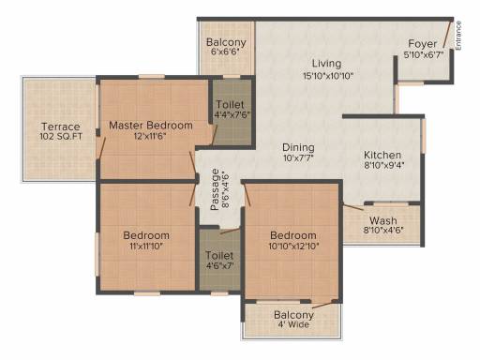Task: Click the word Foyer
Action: coord(423,44)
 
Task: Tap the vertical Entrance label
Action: coord(458,36)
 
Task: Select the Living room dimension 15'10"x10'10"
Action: coord(328,76)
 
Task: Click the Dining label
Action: coord(298,147)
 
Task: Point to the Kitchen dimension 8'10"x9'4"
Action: coord(383,165)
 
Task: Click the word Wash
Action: coord(383,220)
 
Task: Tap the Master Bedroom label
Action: coord(151,126)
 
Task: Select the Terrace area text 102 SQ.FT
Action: coord(61,137)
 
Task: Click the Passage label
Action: coord(215,189)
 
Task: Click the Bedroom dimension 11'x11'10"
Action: coord(146,246)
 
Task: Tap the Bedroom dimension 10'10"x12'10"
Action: coord(293,246)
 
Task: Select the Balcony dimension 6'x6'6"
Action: coord(225,52)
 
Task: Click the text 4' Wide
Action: coord(293,324)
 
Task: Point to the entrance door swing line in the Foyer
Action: coord(447,35)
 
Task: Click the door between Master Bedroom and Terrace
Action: coord(100,148)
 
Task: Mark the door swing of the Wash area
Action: coord(353,207)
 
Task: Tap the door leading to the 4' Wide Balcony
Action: coord(324,306)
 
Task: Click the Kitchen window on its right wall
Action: coord(424,136)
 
